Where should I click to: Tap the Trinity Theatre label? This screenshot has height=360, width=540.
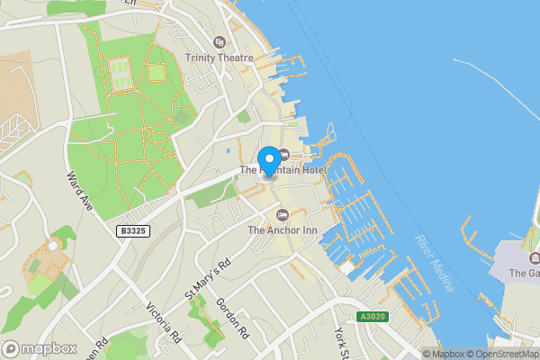coord(218,58)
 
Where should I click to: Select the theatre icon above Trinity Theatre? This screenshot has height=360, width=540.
coord(218,42)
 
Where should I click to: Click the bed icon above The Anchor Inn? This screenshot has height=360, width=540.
coord(283,214)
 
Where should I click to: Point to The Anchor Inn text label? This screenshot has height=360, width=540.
coord(282,230)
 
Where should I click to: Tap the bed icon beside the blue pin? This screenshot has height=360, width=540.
coord(284,154)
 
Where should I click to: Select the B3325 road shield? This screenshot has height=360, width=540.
coord(131,231)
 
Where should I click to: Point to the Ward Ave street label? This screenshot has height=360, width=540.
coord(79,193)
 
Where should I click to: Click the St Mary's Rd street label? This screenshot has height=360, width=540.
coord(208,278)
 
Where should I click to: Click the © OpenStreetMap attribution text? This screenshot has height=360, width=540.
coord(505,353)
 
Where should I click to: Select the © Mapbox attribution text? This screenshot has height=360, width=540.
coord(445,353)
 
